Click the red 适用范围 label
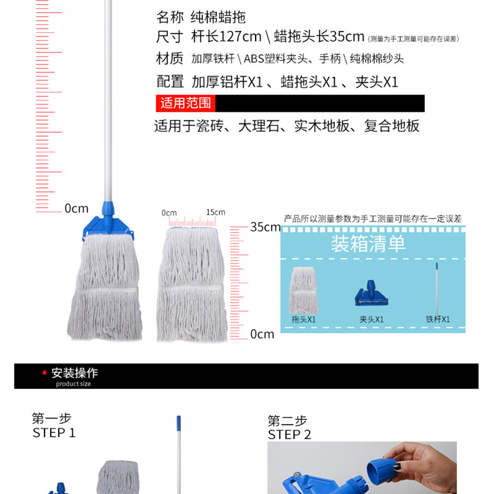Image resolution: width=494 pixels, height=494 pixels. (x=186, y=103)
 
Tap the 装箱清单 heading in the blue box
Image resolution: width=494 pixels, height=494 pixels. (x=368, y=243)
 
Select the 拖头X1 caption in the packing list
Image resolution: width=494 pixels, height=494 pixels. (x=303, y=319)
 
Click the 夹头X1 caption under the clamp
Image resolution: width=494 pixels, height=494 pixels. (x=372, y=319)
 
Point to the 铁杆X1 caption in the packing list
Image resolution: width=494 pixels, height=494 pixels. (x=438, y=319)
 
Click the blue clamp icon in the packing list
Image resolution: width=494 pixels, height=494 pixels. (x=371, y=293)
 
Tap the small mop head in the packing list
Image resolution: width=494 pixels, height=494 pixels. (x=303, y=290)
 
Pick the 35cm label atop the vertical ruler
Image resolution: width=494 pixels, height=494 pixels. (x=266, y=227)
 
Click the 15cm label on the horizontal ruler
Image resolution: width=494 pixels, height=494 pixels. (x=216, y=212)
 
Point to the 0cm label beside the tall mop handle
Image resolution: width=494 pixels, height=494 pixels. (x=77, y=209)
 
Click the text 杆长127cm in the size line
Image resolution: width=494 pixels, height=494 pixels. (x=226, y=36)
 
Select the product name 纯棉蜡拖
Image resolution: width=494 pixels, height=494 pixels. (x=218, y=17)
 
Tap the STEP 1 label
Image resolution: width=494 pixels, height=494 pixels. (x=54, y=433)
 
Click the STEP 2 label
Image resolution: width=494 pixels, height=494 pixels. (x=289, y=435)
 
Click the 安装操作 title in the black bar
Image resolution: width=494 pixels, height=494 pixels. (x=75, y=373)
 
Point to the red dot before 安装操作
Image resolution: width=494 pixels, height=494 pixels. (x=44, y=373)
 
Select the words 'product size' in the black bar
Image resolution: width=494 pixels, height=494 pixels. (x=73, y=383)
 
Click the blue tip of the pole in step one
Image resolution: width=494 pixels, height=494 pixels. (x=178, y=423)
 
